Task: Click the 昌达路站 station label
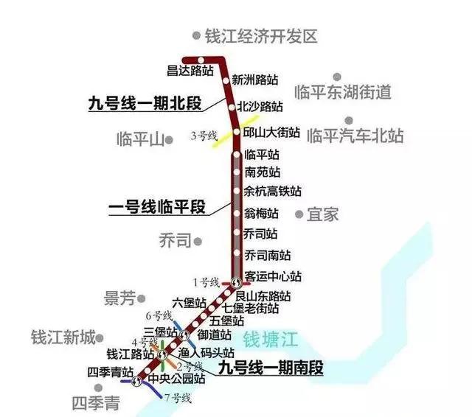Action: click(x=190, y=71)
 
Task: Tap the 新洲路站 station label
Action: click(x=255, y=80)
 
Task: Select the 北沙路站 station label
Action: click(x=260, y=107)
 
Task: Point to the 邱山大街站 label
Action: click(x=272, y=133)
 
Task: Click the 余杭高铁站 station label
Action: click(x=273, y=192)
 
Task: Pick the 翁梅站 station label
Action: click(x=261, y=214)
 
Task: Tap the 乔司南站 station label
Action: click(x=267, y=255)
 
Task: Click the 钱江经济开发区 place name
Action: click(x=260, y=35)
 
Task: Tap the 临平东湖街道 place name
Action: click(x=341, y=92)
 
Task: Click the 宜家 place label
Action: click(x=322, y=214)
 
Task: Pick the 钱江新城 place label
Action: click(x=63, y=338)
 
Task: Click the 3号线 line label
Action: click(x=204, y=135)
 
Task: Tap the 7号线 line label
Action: click(x=178, y=399)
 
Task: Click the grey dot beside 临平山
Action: click(x=169, y=139)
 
